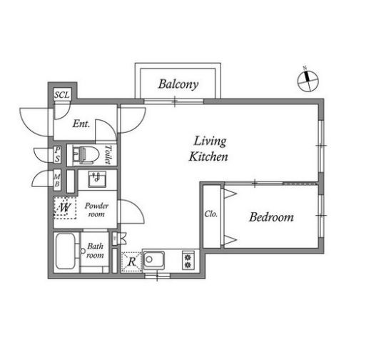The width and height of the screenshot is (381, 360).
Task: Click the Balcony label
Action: click(x=178, y=85)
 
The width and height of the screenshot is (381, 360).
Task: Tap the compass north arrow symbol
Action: click(x=308, y=80)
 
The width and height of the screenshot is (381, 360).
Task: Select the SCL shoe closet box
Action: click(x=63, y=94)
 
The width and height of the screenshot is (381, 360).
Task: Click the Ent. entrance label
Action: click(x=81, y=124)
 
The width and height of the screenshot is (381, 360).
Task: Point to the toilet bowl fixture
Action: click(x=86, y=155)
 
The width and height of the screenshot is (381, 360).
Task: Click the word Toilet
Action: click(x=108, y=155)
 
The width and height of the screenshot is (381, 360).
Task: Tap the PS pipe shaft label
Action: click(x=57, y=154)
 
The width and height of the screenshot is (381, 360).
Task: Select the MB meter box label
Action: click(x=57, y=179)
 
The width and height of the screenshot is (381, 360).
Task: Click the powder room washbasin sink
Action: click(x=97, y=179)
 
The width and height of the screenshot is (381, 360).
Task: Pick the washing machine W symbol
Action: click(x=65, y=208)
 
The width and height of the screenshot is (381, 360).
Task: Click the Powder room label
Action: click(x=96, y=210)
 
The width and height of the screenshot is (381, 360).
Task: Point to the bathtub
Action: click(x=66, y=251)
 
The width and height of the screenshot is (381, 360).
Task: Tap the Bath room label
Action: click(x=95, y=251)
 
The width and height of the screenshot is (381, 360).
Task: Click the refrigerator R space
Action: click(x=131, y=262)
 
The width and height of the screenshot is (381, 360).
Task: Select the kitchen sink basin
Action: click(x=153, y=260)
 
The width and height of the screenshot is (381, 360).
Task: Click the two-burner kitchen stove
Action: click(x=188, y=261)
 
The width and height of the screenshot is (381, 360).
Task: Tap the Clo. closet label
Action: click(x=210, y=214)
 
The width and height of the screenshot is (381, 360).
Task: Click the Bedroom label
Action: click(x=271, y=217)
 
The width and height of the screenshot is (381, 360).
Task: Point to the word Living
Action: click(x=210, y=141)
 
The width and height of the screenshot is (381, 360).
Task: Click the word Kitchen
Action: click(x=208, y=156)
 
